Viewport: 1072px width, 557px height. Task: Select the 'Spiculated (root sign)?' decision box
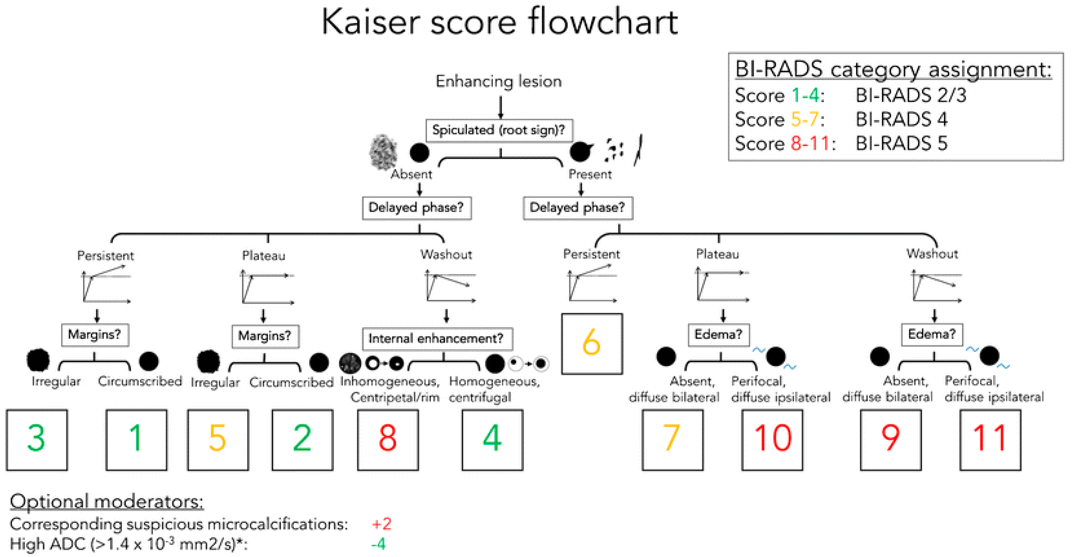coord(499,130)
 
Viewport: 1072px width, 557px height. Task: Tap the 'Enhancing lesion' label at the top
coord(499,81)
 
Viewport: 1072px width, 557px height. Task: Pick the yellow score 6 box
coord(592,344)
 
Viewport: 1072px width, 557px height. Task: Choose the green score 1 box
coord(136,439)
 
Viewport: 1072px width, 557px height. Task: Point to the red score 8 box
coord(388,439)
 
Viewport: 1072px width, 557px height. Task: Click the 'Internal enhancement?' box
coord(437,338)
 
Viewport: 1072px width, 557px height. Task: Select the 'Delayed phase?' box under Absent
coord(416,207)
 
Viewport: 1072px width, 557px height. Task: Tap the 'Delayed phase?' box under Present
coord(578,207)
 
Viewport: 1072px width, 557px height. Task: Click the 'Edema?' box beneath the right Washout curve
coord(932,334)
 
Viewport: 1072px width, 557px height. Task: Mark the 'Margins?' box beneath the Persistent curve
coord(95,334)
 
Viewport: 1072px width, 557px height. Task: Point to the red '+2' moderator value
coord(381,524)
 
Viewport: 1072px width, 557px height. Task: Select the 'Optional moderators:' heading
coord(106,501)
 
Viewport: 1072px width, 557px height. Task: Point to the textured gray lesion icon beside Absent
coord(383,152)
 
